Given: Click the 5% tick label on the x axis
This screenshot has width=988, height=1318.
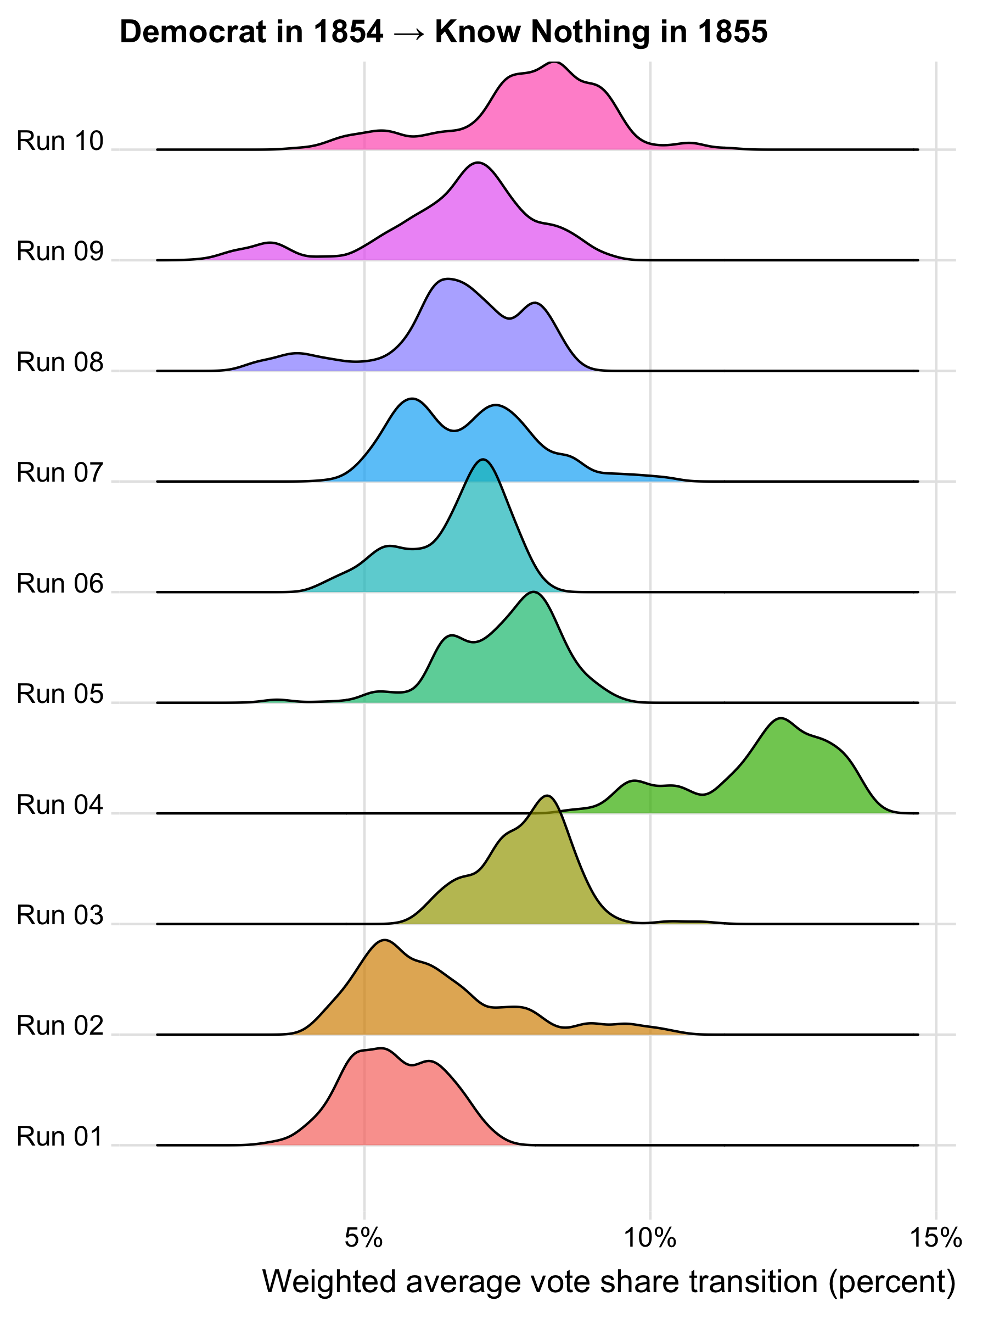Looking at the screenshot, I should (x=364, y=1238).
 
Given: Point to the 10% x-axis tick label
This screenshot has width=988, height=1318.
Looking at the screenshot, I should (x=650, y=1238).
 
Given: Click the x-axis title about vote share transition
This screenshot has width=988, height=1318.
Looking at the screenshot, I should (x=609, y=1281).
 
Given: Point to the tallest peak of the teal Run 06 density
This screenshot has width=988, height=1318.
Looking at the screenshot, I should (x=483, y=460).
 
